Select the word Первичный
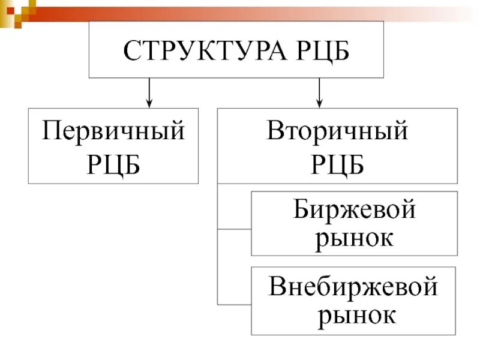click(x=113, y=131)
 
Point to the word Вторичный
click(x=337, y=131)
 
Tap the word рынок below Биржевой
click(x=355, y=238)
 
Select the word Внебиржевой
click(x=353, y=287)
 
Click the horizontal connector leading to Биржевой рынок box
click(x=234, y=229)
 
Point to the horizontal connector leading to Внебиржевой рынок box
click(x=234, y=302)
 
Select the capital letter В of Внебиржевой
click(x=278, y=287)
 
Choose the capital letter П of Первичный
click(x=52, y=131)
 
